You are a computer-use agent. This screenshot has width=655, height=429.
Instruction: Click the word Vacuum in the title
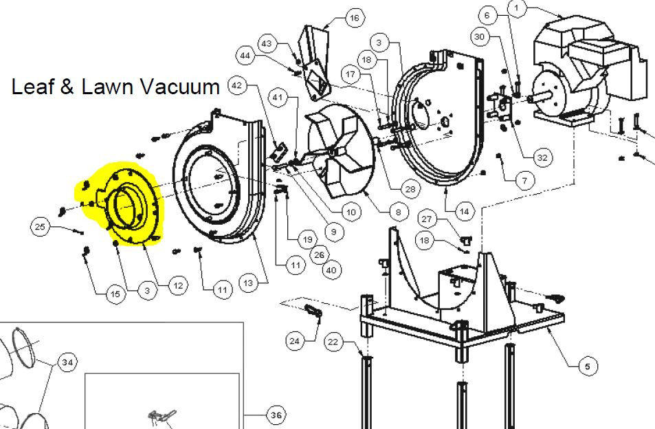click(179, 87)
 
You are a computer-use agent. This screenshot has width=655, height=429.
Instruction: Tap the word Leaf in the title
click(32, 87)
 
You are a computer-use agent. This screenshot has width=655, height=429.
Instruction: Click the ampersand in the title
click(66, 87)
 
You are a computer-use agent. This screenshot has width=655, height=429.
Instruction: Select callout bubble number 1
click(517, 8)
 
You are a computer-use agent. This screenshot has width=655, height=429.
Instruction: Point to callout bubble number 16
click(354, 18)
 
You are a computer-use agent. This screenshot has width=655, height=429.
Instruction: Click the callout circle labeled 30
click(480, 36)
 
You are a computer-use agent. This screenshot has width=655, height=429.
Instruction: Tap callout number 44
click(245, 56)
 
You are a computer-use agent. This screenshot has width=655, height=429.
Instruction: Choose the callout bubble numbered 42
click(237, 86)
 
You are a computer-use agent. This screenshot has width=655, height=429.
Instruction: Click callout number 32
click(542, 157)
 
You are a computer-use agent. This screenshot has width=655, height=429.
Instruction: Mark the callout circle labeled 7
click(524, 180)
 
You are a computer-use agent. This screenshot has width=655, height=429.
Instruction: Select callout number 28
click(410, 189)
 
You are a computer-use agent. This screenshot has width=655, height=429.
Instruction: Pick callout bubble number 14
click(464, 211)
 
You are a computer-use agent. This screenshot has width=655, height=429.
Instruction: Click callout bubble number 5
click(588, 366)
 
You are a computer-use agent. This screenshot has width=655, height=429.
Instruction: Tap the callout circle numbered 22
click(333, 342)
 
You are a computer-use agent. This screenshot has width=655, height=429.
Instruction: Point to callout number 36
click(276, 415)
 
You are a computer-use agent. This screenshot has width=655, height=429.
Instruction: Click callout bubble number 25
click(40, 227)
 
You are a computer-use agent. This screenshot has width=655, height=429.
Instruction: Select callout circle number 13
click(248, 283)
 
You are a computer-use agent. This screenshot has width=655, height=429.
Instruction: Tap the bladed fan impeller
click(340, 151)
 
